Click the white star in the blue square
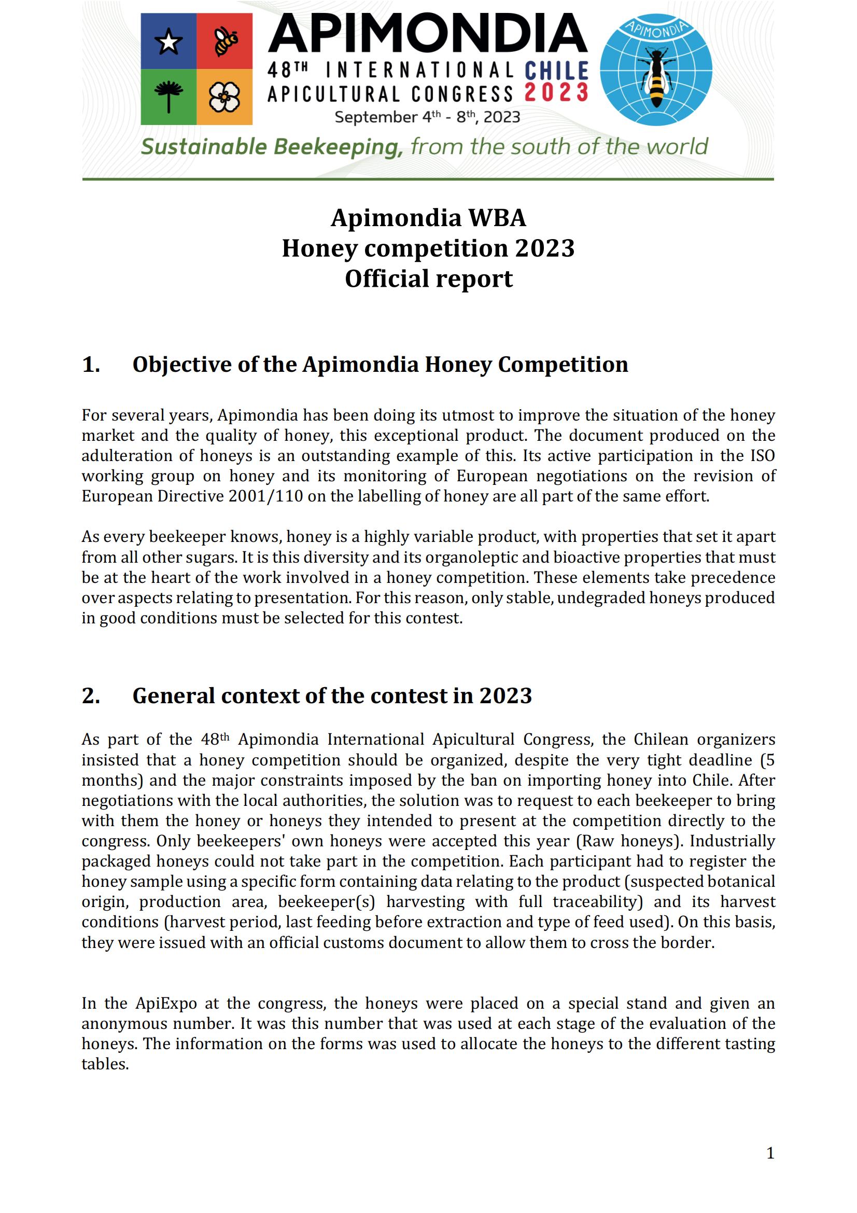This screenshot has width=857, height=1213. coord(168,41)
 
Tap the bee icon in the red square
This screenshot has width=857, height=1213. coord(226,41)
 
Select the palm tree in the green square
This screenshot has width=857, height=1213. coord(168,96)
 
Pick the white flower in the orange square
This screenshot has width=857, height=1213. coord(224,97)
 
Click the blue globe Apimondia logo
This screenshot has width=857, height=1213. coord(656,69)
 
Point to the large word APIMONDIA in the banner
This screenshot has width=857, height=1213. coord(428,34)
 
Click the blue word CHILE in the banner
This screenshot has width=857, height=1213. coord(556,72)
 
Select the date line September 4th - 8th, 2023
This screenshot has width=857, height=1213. coord(427,117)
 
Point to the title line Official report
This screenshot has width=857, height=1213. coord(428,278)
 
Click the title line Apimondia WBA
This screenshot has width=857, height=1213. coord(428,218)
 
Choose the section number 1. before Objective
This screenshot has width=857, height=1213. coord(91,365)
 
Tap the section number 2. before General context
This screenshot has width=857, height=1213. coord(91,696)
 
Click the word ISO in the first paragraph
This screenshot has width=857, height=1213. coord(762,455)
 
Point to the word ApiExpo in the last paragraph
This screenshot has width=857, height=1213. coord(166,1003)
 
